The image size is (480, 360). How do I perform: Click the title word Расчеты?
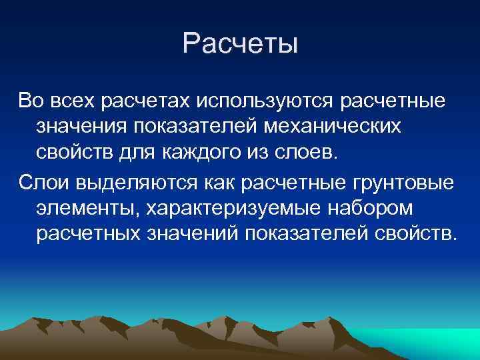click(x=240, y=45)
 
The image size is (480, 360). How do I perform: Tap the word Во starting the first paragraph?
click(x=31, y=101)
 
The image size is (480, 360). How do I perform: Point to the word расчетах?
click(x=147, y=101)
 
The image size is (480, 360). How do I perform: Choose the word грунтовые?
click(x=399, y=184)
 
